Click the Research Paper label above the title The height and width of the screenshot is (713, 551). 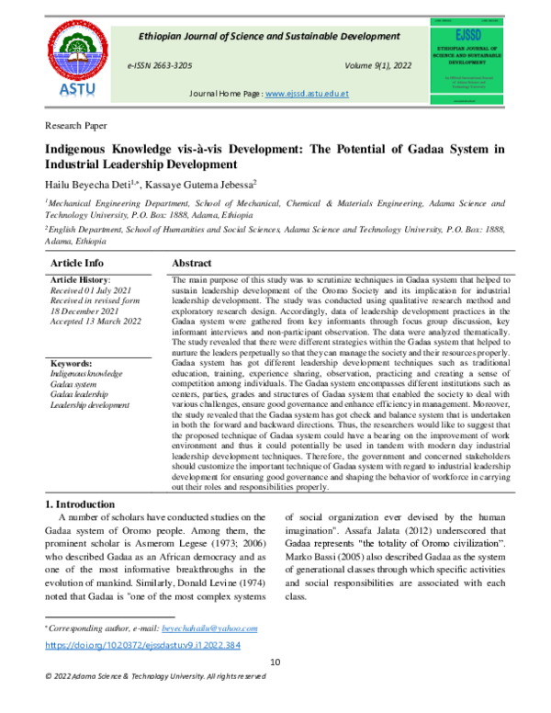(x=76, y=124)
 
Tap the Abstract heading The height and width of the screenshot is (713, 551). (x=193, y=263)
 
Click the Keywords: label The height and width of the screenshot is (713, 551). (x=73, y=364)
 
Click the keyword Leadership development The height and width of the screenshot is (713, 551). (x=90, y=405)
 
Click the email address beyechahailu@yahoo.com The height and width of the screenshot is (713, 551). (x=209, y=628)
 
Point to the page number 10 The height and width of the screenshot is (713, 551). (x=275, y=663)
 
